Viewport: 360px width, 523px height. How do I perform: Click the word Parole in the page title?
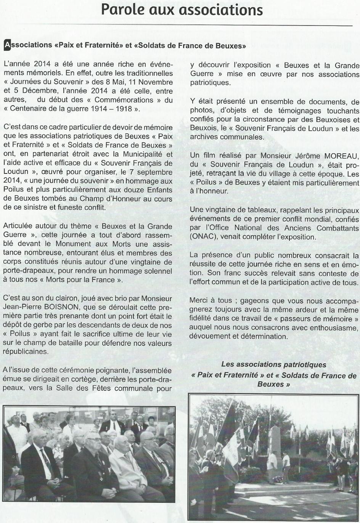tap(121, 10)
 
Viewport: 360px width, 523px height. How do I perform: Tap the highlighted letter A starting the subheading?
tap(7, 45)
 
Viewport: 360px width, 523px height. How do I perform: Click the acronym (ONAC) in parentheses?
tap(204, 237)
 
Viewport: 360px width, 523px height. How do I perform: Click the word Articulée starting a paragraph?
tap(18, 226)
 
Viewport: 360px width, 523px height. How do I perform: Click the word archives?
tap(204, 137)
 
